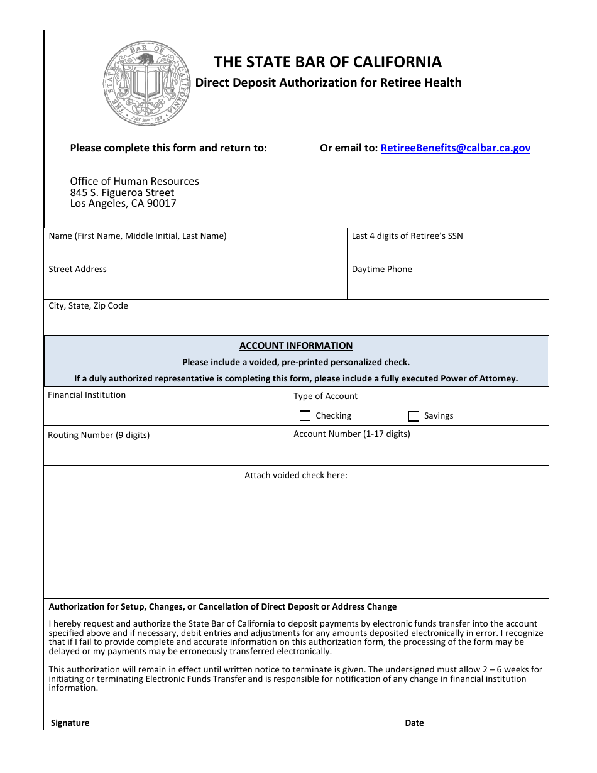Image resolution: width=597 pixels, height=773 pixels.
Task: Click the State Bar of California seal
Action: tap(147, 84)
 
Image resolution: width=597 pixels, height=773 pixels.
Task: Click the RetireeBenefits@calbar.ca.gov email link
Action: tap(456, 148)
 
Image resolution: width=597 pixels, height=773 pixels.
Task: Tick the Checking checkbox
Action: tap(305, 416)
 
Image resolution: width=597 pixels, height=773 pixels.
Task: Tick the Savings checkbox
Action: tap(414, 416)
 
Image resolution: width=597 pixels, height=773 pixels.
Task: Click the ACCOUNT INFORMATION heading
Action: tap(296, 346)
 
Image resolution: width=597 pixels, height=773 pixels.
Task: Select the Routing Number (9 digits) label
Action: tap(99, 435)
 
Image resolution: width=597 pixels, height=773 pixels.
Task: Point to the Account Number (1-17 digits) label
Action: tap(351, 434)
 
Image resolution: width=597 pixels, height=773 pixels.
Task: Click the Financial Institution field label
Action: tap(87, 395)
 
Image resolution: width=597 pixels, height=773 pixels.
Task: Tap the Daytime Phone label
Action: tap(381, 269)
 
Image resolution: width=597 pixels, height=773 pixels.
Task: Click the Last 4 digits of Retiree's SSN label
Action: tap(407, 236)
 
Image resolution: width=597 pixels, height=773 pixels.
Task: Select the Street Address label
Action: tap(77, 269)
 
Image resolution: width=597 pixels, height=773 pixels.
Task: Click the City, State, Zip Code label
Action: tap(88, 305)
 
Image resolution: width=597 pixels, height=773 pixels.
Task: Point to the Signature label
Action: tap(70, 723)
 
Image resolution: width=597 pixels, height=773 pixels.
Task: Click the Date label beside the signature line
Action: tap(414, 723)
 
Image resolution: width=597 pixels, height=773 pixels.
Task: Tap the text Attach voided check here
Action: tap(295, 475)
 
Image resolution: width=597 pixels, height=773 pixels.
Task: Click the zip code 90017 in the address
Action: tap(162, 204)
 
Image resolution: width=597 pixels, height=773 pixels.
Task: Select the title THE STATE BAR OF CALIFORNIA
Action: tap(327, 62)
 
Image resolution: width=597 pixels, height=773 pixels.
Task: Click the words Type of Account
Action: tap(325, 396)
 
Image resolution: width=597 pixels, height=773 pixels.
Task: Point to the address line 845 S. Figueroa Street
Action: tap(122, 192)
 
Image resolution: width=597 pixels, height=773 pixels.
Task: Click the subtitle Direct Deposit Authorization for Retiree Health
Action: tap(328, 82)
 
